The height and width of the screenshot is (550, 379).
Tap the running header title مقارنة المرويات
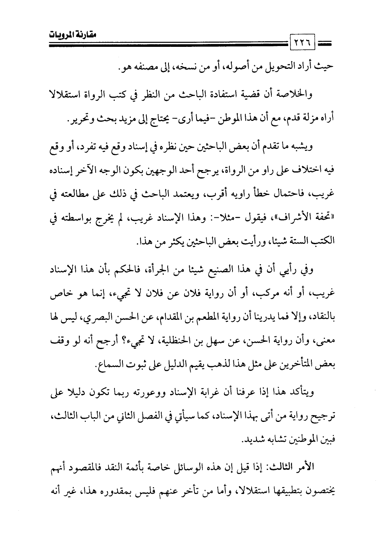click(72, 34)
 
